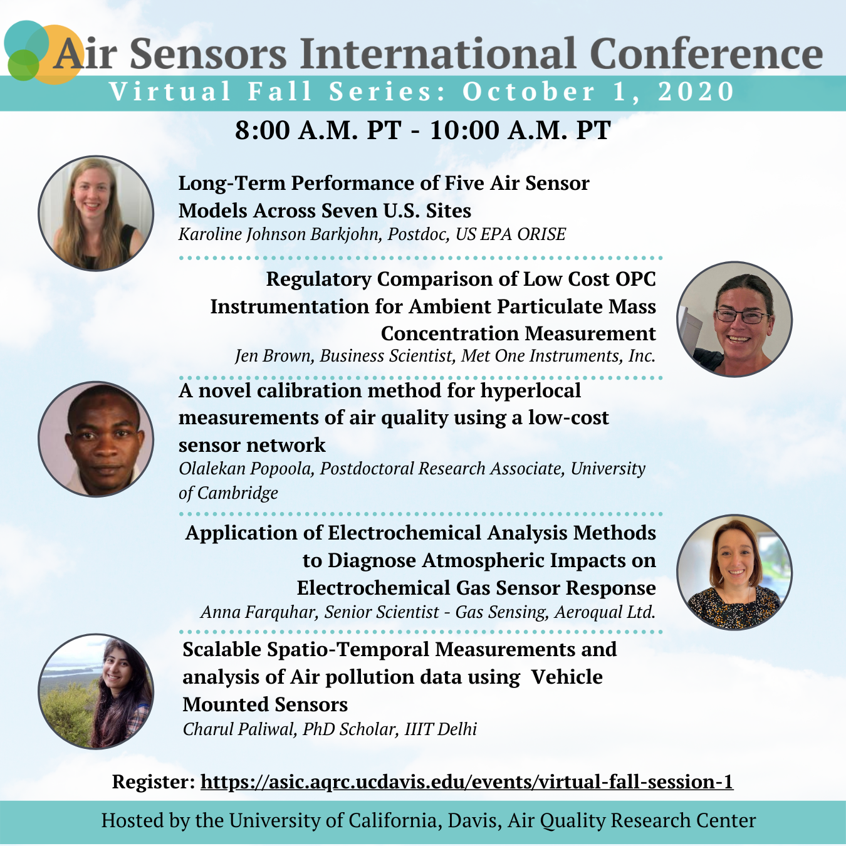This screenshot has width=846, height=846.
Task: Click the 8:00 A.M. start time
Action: (x=318, y=130)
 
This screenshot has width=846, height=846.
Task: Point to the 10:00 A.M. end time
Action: (x=520, y=130)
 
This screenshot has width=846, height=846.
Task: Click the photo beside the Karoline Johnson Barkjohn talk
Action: (x=96, y=213)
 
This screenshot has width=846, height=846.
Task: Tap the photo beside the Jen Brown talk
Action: (x=734, y=319)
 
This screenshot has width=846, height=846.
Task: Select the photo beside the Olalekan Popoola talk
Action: (x=96, y=439)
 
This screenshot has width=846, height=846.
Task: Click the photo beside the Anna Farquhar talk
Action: (x=734, y=572)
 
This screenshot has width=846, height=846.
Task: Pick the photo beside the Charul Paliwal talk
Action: (x=96, y=691)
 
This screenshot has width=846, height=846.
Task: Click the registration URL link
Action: (x=467, y=782)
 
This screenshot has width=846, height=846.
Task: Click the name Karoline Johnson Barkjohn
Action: (x=280, y=234)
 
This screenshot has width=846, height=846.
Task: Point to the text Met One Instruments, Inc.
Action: (x=558, y=355)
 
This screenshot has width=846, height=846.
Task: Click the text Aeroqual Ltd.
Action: (x=605, y=612)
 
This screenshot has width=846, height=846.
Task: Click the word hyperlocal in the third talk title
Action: (x=530, y=390)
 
